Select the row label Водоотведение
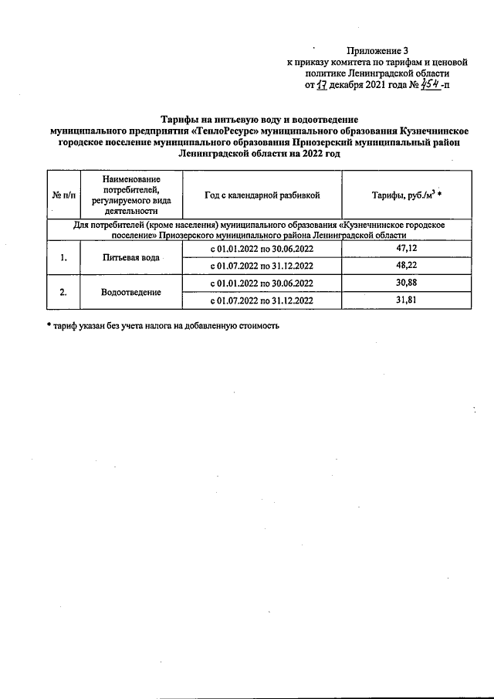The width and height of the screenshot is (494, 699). [x=130, y=292]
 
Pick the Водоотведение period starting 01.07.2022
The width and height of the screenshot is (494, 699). [x=262, y=300]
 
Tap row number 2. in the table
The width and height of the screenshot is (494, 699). [x=63, y=292]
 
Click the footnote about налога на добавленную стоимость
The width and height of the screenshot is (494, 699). [x=162, y=325]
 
